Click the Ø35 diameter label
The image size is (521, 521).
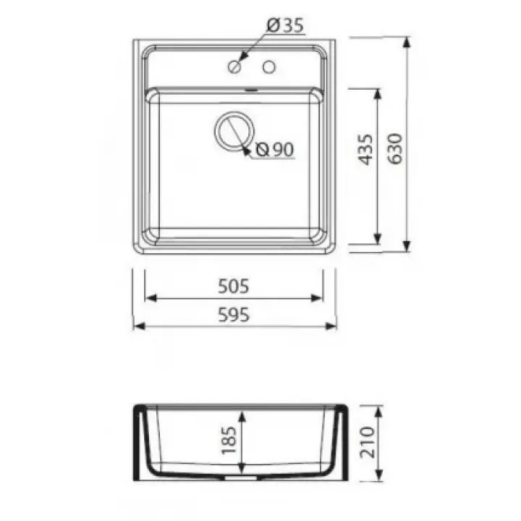285,25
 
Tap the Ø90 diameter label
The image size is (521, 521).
275,150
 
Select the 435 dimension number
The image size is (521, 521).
365,150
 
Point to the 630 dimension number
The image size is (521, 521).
395,148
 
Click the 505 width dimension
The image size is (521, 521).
233,286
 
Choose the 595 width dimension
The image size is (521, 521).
234,315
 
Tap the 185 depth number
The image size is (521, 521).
229,440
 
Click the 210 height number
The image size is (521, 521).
368,442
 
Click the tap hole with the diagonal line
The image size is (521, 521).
234,67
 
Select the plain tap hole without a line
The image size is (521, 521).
268,67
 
